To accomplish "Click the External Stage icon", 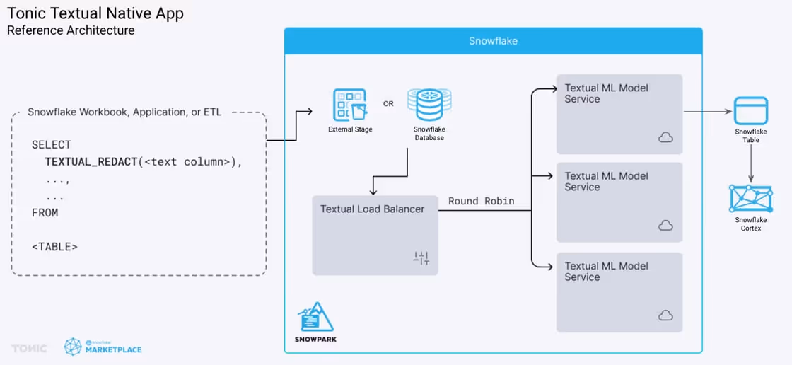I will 350,105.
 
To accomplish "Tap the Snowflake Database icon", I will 429,105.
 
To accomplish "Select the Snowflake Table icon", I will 751,111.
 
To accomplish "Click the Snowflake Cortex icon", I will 751,198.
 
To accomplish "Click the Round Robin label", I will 481,201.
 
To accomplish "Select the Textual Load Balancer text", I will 372,209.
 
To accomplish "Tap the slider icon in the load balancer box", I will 421,258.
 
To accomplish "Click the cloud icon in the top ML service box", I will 665,137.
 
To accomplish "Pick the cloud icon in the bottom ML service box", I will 665,315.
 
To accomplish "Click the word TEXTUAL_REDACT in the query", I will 91,162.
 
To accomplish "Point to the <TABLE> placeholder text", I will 54,247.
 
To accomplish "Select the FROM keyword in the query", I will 45,212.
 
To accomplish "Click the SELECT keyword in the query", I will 51,145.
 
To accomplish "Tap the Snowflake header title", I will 493,41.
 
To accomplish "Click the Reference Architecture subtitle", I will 71,30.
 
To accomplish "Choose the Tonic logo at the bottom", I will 29,348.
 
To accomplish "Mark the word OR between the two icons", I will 388,104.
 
